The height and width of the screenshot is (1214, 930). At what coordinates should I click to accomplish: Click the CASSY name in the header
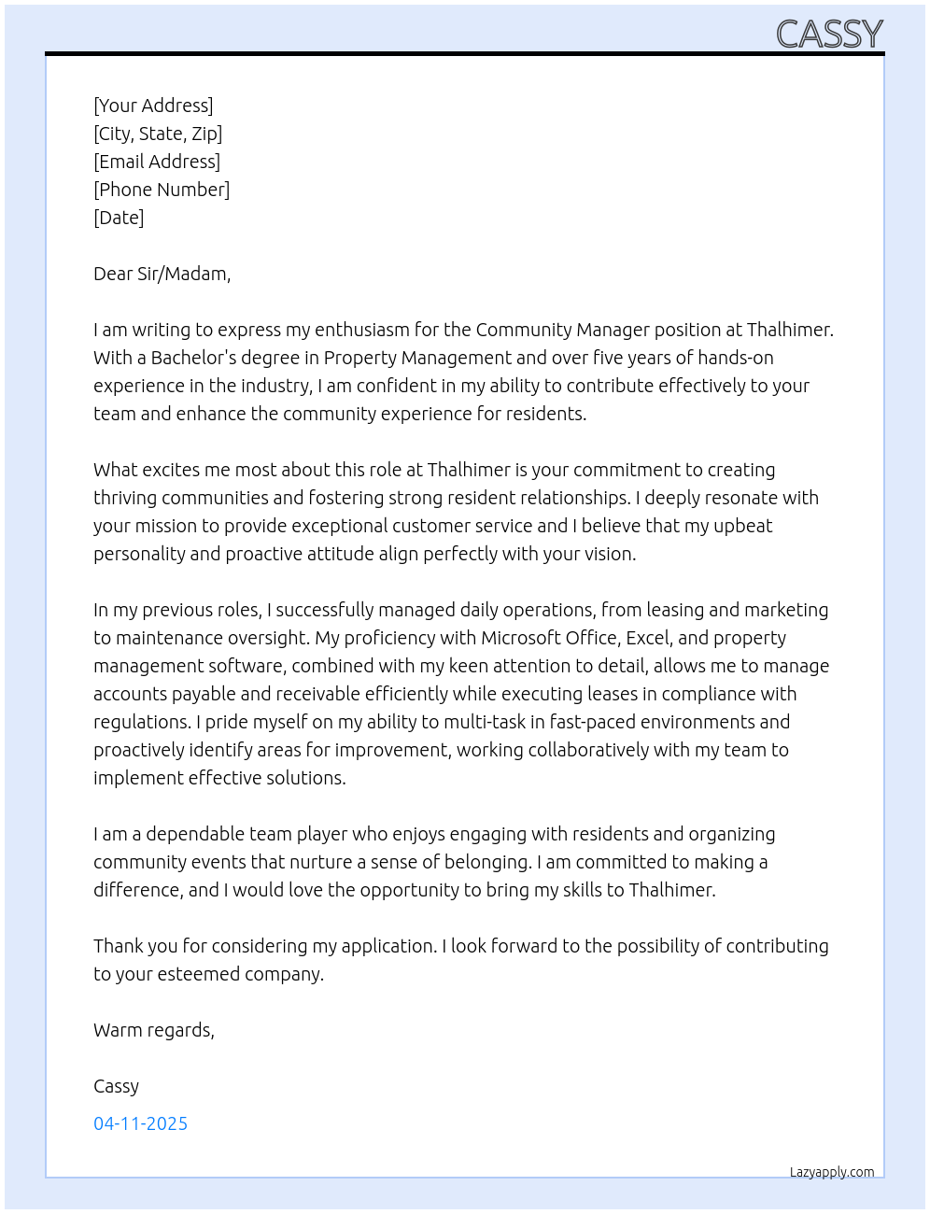(829, 35)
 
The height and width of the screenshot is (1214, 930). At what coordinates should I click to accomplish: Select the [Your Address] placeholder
(153, 106)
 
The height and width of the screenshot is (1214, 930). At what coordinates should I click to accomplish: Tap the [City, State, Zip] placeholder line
(158, 134)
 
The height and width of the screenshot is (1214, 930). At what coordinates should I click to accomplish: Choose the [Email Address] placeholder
(157, 162)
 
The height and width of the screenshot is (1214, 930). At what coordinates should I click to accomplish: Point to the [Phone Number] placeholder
(162, 190)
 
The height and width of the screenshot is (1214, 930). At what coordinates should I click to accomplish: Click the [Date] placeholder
(119, 218)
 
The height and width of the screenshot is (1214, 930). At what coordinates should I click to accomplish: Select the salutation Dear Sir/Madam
(162, 274)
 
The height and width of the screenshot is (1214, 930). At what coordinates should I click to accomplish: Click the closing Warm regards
(153, 1030)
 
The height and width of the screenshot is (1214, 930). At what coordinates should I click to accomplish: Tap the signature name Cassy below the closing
(116, 1086)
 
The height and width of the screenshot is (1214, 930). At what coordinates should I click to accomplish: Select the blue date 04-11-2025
(140, 1123)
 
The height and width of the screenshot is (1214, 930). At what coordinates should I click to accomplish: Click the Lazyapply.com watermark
(831, 1172)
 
